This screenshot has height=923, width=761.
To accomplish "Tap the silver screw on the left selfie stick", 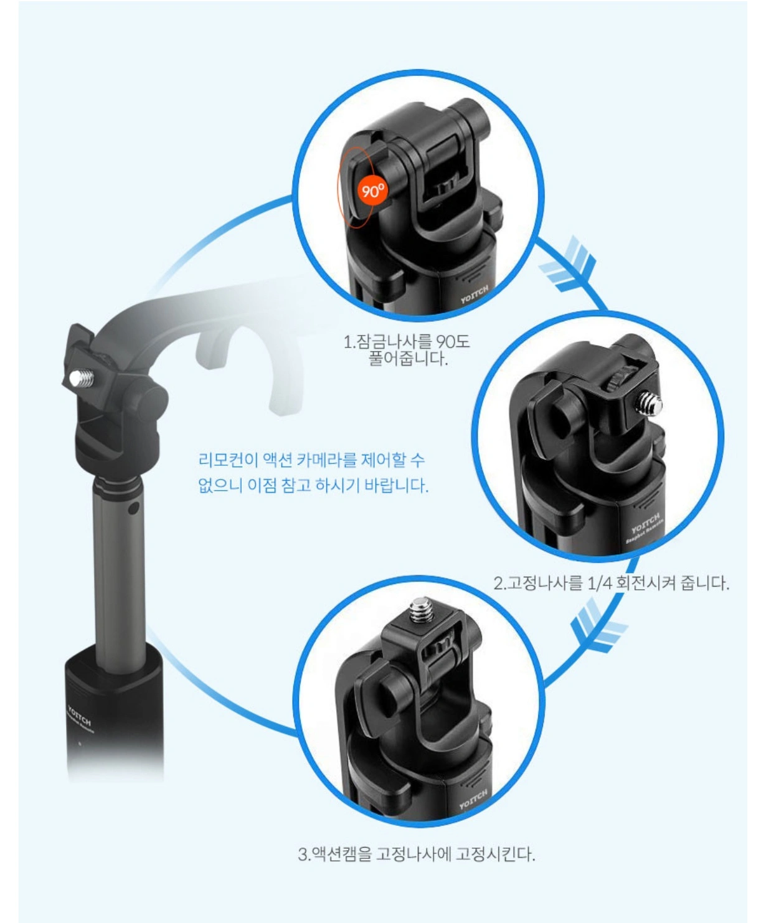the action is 82,377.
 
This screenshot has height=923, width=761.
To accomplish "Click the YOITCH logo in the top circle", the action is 475,294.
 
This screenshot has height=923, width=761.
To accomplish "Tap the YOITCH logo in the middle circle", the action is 646,523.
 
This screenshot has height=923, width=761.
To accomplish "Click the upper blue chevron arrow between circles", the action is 569,265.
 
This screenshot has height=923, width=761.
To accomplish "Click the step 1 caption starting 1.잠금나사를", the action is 407,349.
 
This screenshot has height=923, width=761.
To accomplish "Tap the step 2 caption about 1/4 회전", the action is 611,583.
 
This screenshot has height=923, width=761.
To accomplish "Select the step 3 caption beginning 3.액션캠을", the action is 417,854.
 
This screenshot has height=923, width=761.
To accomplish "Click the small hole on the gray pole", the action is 133,509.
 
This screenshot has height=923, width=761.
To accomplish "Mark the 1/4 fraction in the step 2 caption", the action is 599,584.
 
